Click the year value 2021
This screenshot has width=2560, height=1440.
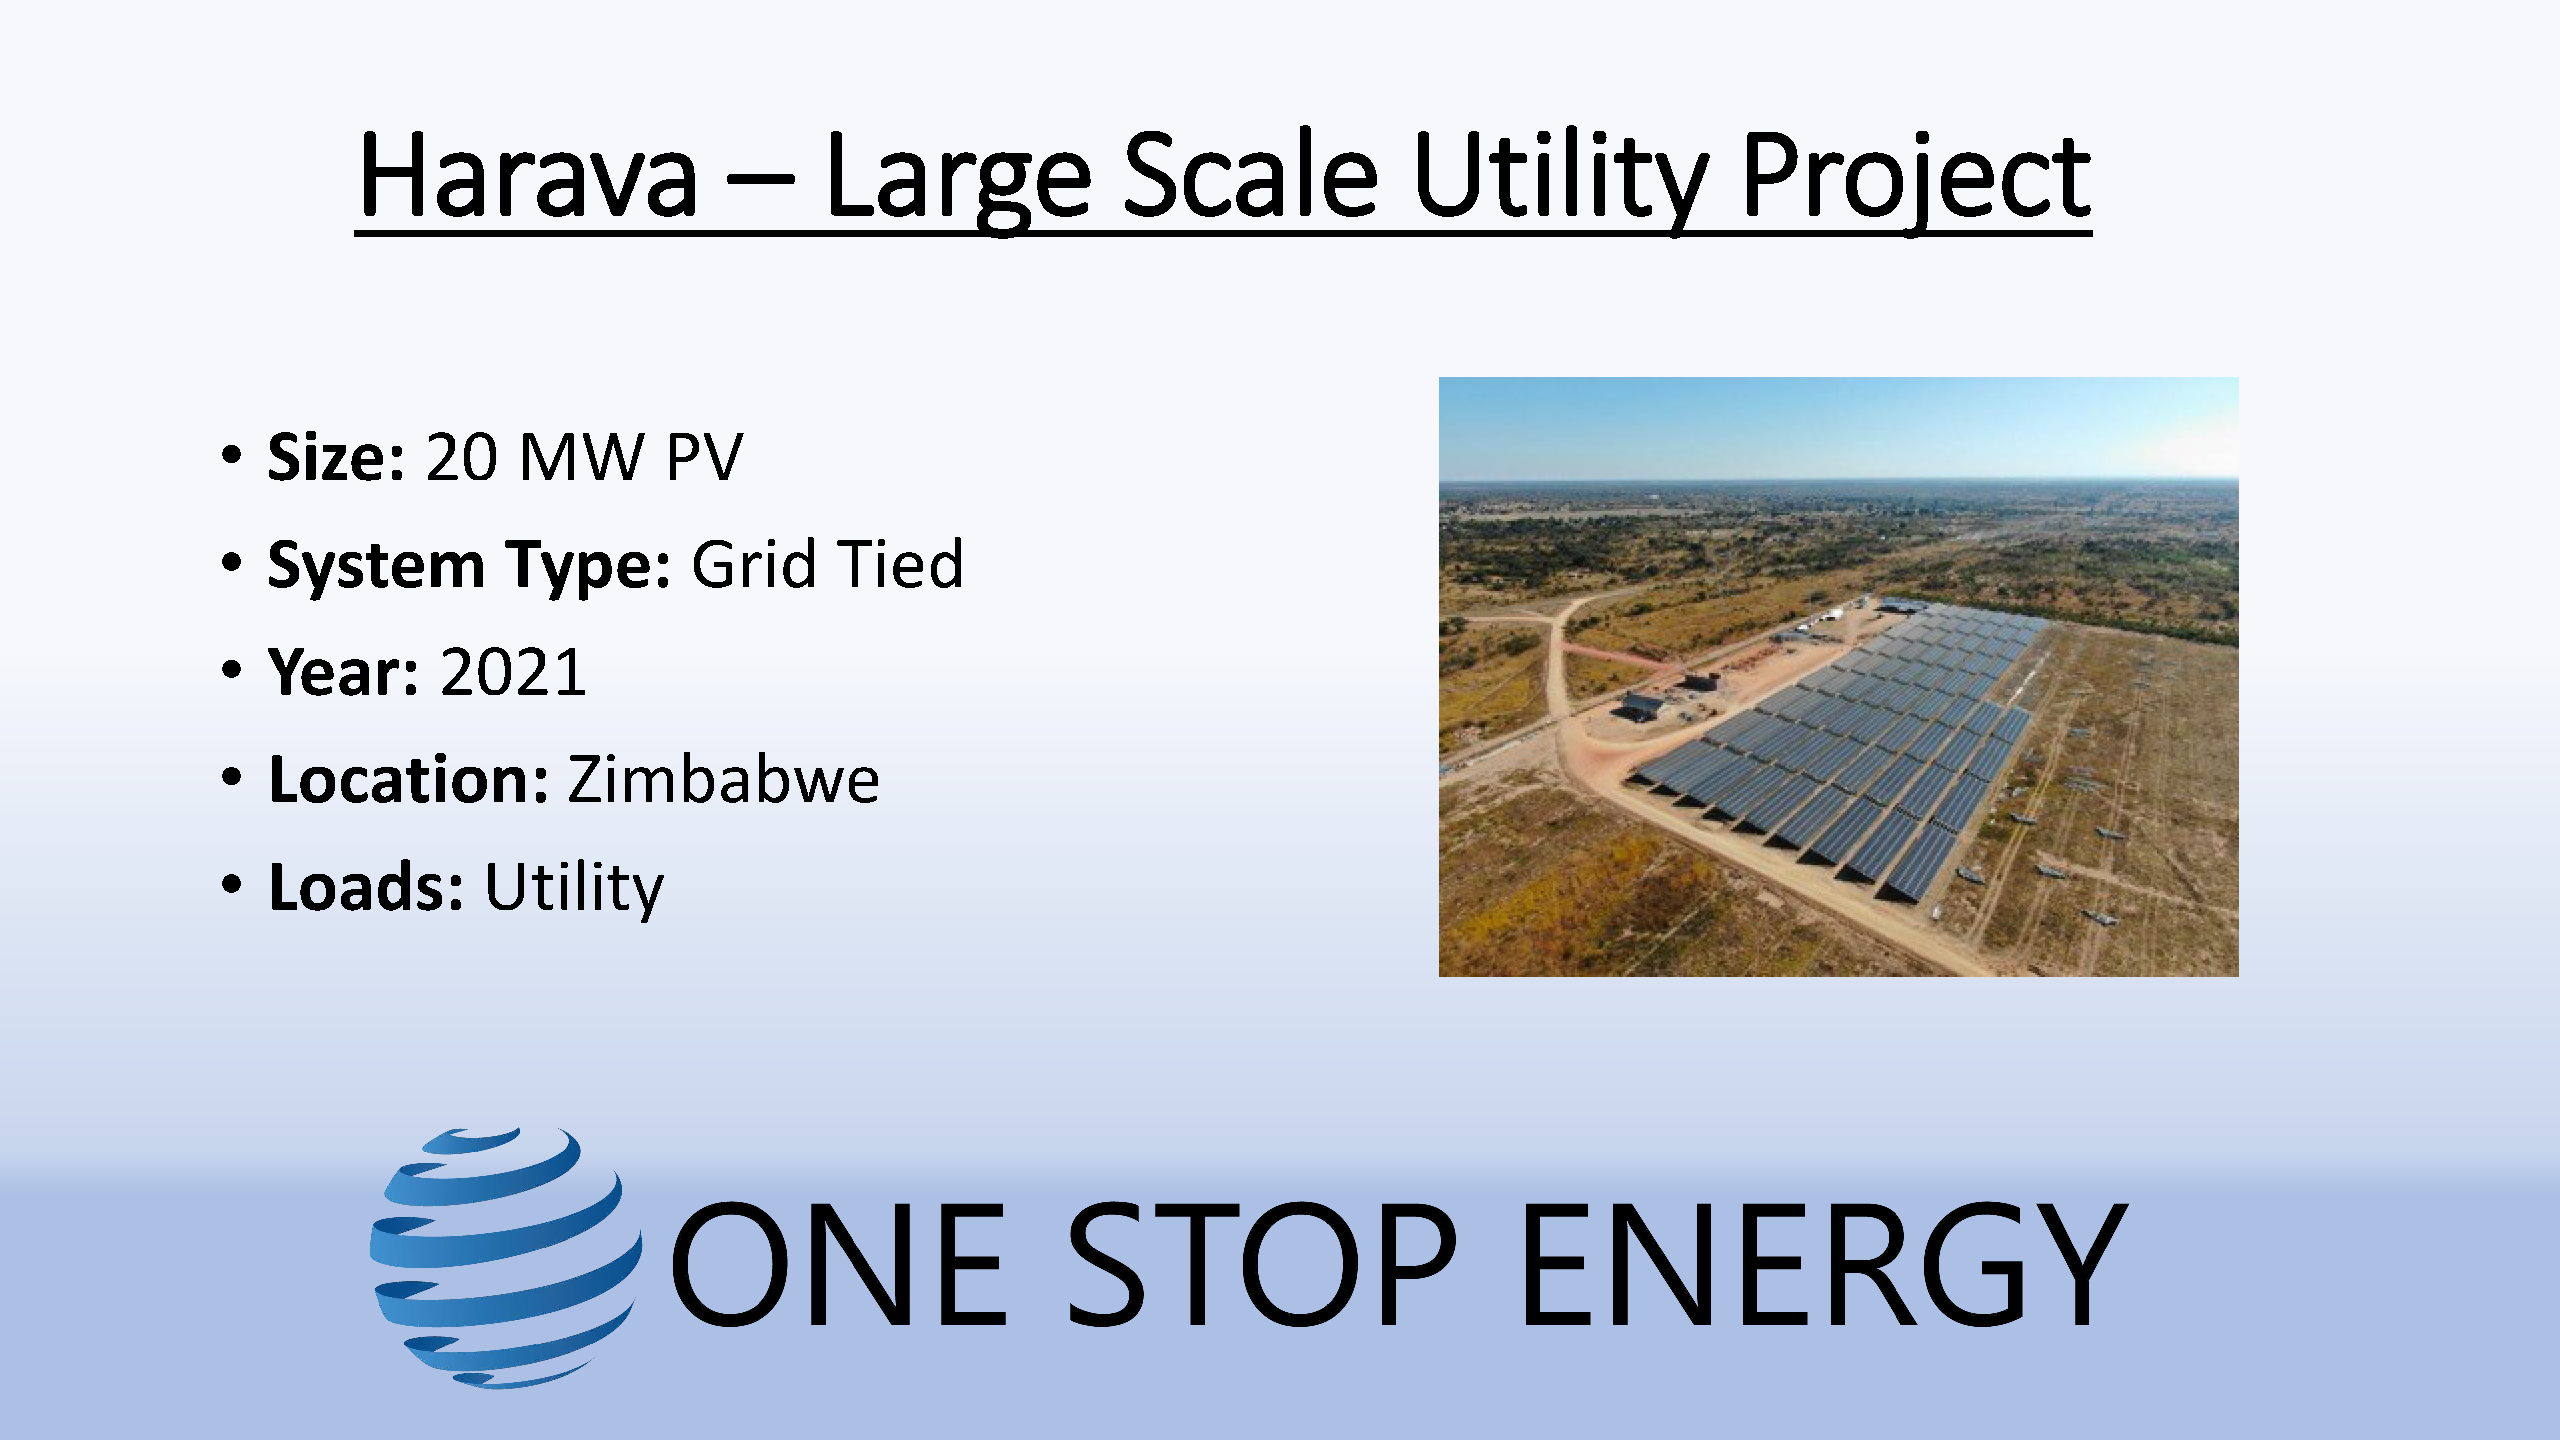click(513, 673)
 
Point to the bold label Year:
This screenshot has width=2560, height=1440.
click(343, 673)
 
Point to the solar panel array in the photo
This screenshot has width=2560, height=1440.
click(1838, 755)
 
